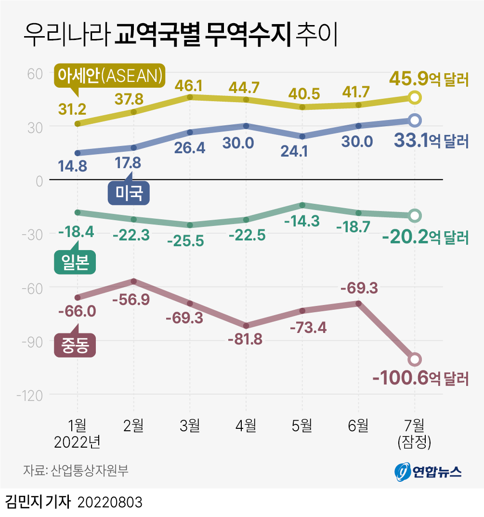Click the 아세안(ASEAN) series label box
tap(109, 75)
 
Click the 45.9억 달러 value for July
tap(429, 79)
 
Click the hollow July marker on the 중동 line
tap(415, 359)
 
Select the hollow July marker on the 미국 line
tap(415, 120)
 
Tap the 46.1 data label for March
tap(190, 86)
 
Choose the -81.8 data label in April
tap(246, 339)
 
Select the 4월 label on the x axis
tap(246, 425)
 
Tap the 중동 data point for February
tap(133, 281)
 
